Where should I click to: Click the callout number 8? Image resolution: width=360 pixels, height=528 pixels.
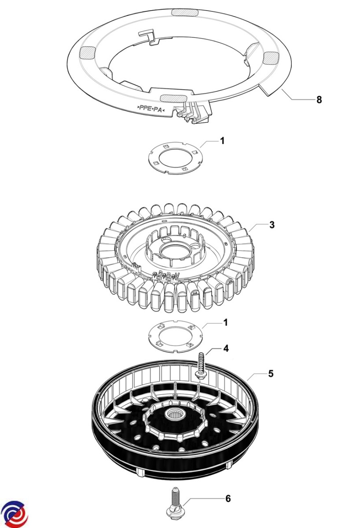319,100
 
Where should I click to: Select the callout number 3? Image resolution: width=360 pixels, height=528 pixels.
272,225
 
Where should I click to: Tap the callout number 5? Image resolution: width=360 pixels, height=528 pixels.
271,374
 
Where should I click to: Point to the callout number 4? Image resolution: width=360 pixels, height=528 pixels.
226,348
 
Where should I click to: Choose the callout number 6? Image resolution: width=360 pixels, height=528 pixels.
228,499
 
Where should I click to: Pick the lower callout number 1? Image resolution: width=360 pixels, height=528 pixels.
225,323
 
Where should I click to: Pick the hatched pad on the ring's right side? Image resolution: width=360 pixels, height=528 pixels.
271,57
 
